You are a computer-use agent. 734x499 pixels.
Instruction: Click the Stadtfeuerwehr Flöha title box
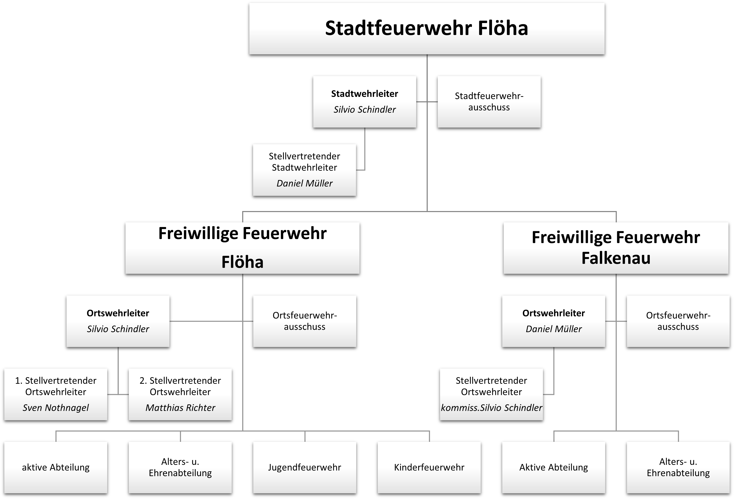click(426, 28)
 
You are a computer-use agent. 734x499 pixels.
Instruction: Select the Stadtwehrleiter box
click(364, 102)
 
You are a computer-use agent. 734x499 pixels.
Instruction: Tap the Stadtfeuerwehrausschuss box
click(489, 102)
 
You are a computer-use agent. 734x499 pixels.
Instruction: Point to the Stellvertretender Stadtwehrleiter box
click(304, 170)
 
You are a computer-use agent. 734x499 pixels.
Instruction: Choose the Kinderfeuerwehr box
click(429, 467)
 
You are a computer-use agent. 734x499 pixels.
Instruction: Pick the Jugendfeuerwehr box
click(304, 467)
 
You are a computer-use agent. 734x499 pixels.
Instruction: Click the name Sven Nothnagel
click(56, 408)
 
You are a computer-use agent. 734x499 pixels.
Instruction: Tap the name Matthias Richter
click(180, 408)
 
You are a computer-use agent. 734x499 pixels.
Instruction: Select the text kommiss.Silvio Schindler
click(491, 408)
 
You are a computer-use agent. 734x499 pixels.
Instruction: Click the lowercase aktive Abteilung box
click(56, 467)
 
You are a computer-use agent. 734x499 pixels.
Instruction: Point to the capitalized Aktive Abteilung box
click(553, 467)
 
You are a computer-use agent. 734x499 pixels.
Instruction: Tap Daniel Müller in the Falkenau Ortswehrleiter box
click(553, 329)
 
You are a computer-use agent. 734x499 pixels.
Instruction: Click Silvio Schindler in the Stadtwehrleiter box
click(364, 109)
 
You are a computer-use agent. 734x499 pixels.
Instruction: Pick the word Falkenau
click(616, 258)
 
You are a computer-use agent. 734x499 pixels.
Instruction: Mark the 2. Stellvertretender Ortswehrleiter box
click(180, 394)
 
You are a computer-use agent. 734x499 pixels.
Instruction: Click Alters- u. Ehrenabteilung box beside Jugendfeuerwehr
click(180, 467)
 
